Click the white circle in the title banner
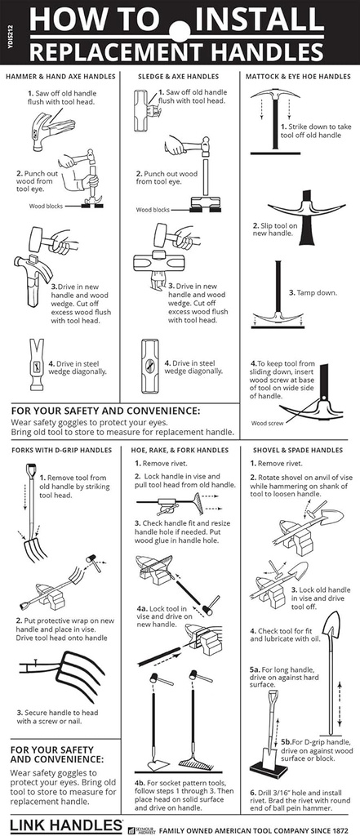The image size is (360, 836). (x=180, y=30)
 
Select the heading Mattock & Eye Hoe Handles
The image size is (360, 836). (x=298, y=77)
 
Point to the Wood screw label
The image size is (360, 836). (x=268, y=424)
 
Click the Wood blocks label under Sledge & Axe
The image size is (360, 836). (x=153, y=210)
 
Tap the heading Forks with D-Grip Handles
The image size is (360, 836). (x=61, y=450)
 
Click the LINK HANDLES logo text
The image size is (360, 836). (x=66, y=825)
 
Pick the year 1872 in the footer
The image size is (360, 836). (x=340, y=829)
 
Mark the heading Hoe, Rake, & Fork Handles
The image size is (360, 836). (x=180, y=450)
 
